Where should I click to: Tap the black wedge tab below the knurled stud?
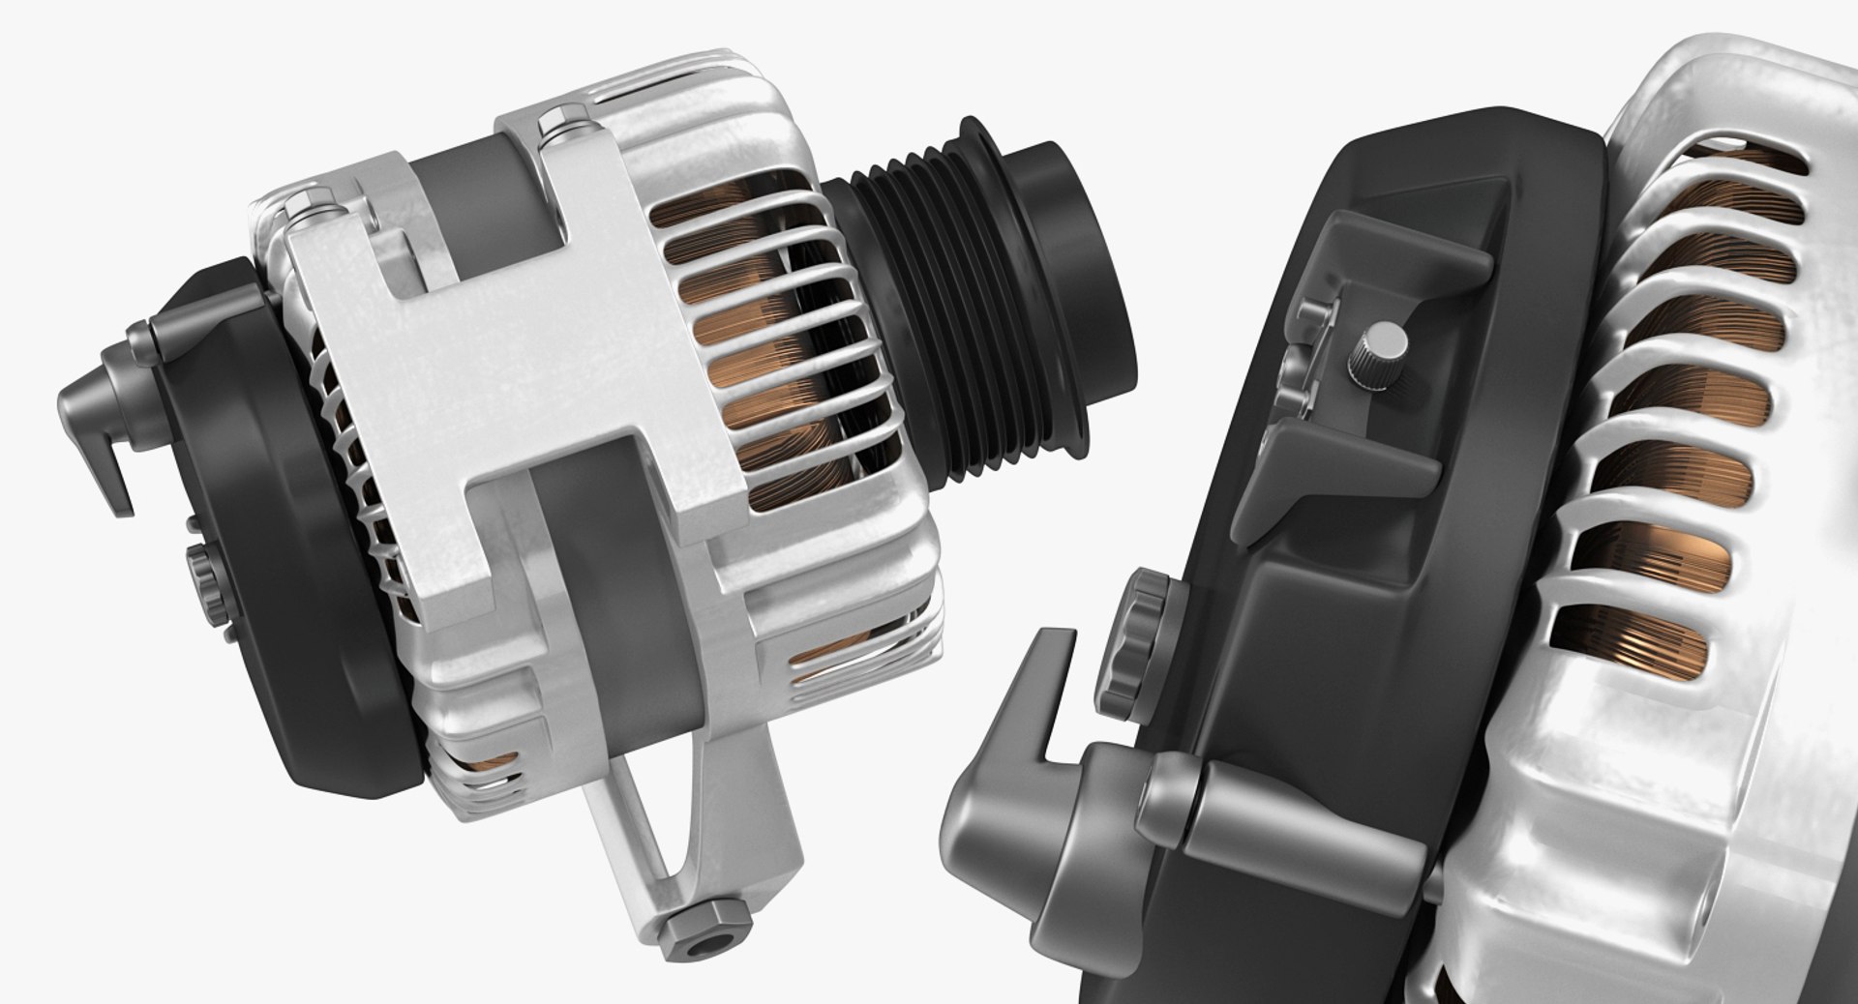click(x=1335, y=464)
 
